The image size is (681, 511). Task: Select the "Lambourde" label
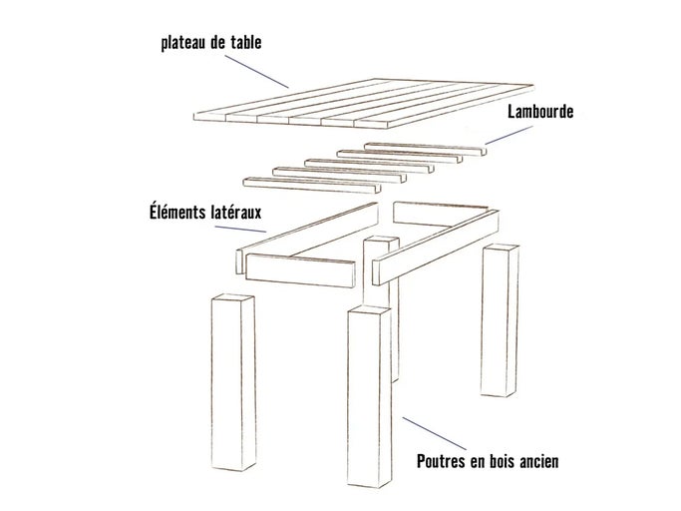pyautogui.click(x=539, y=112)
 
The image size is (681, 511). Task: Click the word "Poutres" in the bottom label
pyautogui.click(x=443, y=462)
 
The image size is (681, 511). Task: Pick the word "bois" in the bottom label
pyautogui.click(x=497, y=462)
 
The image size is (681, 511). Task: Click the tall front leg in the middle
pyautogui.click(x=368, y=399)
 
